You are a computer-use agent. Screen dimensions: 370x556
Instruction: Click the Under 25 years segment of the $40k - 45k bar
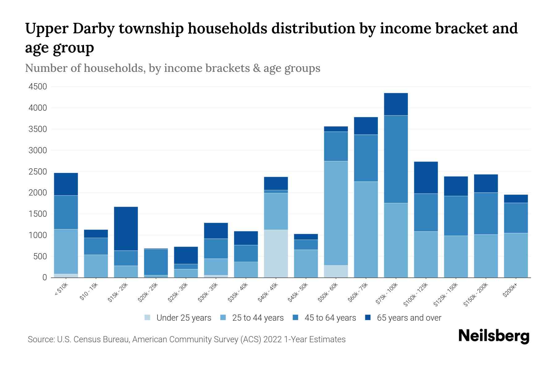[276, 253]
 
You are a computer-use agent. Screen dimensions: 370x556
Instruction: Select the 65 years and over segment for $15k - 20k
[126, 228]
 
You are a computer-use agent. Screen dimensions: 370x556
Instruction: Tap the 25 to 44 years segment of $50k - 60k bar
[336, 213]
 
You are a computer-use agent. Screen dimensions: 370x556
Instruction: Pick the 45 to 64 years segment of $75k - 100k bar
[396, 159]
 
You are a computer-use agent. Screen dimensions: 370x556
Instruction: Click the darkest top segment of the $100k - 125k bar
[426, 178]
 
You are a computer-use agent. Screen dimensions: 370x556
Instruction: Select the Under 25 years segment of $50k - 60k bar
[336, 271]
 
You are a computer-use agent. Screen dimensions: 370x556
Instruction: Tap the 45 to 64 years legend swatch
[296, 318]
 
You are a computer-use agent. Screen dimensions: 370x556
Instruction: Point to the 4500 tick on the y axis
[38, 87]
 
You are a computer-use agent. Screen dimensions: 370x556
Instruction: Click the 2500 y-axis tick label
[38, 172]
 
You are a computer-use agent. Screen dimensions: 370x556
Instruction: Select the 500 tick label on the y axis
[40, 257]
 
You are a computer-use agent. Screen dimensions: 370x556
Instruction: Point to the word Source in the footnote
[40, 339]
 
